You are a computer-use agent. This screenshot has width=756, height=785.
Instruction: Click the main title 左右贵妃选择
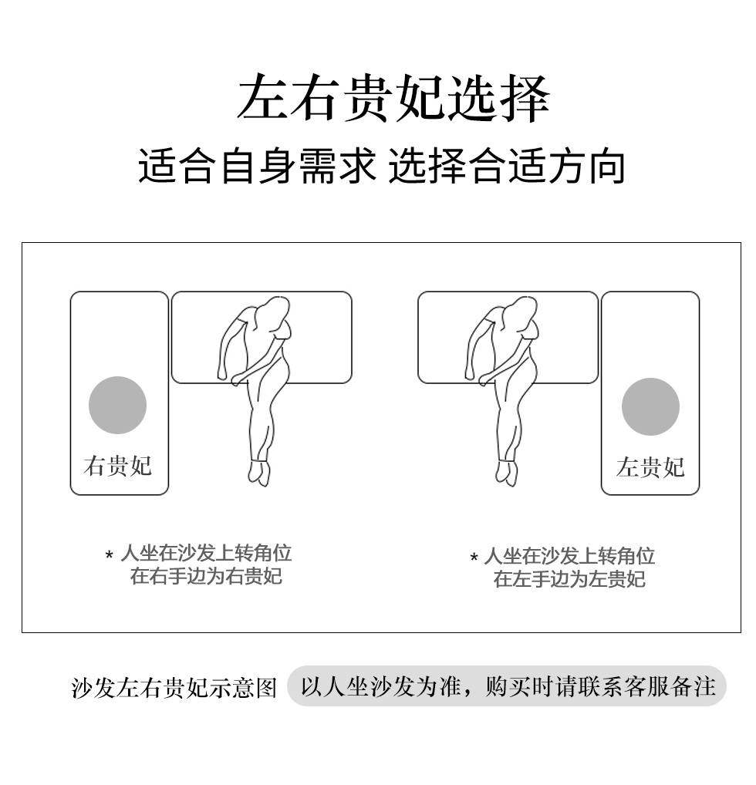coord(393,98)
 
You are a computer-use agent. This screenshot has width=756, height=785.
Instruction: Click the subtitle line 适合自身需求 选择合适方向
coord(382,166)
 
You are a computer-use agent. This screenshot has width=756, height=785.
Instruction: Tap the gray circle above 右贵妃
coord(118,405)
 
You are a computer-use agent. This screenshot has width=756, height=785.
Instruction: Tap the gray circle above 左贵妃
coord(650,406)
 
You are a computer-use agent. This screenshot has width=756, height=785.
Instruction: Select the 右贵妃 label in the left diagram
coord(118,466)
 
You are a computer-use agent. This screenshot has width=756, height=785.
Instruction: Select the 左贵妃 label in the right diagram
coord(650,467)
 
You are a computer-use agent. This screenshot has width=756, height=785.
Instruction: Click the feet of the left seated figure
coord(259,473)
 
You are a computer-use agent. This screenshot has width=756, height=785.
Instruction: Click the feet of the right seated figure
coord(507,473)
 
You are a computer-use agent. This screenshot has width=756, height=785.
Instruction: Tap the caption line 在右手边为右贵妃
coord(206,576)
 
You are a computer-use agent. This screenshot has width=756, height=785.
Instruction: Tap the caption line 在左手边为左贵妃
coord(569,579)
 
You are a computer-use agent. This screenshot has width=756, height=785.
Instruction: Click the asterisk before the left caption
coord(110,555)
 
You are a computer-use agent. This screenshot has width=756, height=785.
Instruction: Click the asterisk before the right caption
coord(474,558)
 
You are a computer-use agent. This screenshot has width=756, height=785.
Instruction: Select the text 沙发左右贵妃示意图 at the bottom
coord(174,688)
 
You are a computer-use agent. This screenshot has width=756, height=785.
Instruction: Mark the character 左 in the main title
coord(262,98)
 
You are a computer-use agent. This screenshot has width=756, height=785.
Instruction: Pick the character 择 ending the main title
coord(525,98)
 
